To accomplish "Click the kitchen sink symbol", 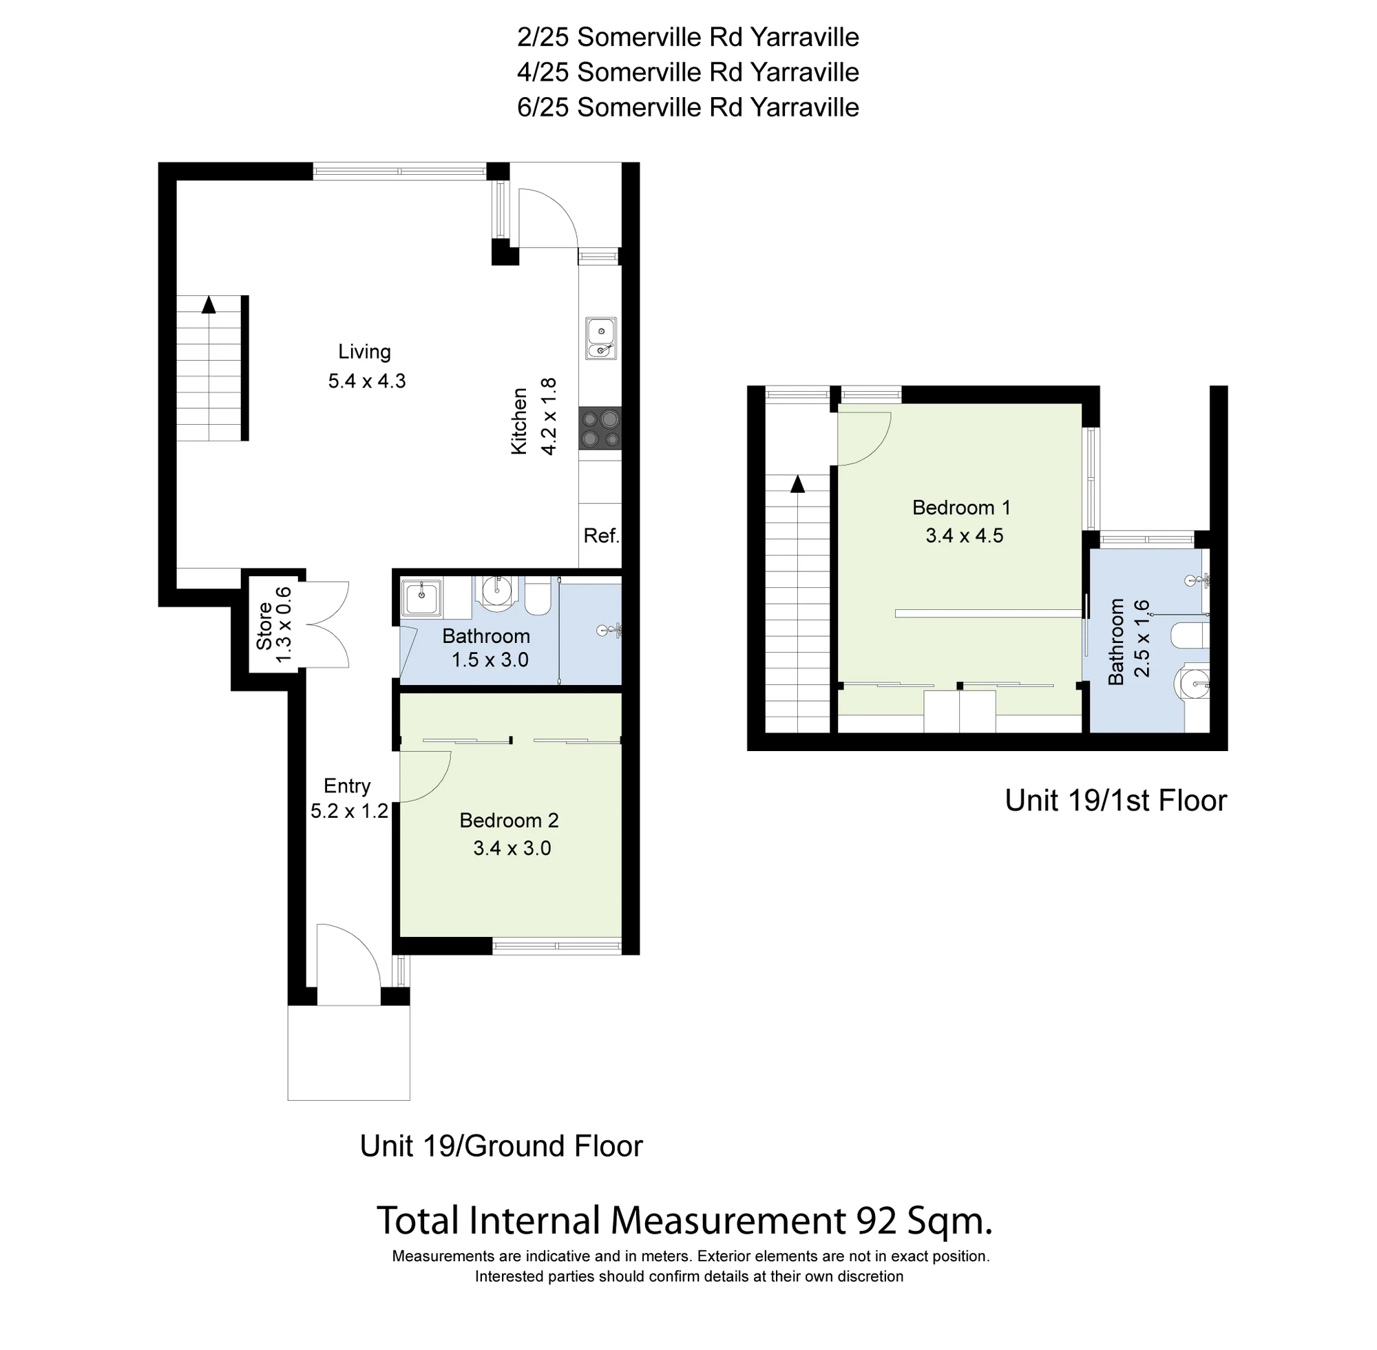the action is [x=600, y=339].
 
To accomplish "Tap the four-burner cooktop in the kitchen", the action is [x=600, y=428].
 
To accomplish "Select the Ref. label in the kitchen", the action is [x=601, y=536].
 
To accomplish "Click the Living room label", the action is [x=364, y=352].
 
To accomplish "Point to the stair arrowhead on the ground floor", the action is [x=209, y=304].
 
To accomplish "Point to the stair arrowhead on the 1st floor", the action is [x=798, y=483].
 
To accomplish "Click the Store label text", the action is [x=264, y=625].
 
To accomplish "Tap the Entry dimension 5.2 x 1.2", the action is [x=350, y=811].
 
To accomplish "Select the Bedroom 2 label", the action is [x=509, y=821].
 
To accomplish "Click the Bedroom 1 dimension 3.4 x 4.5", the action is [x=965, y=536].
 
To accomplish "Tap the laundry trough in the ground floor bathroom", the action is [x=423, y=598].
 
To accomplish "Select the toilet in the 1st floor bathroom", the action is [x=1190, y=635].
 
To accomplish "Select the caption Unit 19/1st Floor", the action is [x=1116, y=801].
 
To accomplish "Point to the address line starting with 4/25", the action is [x=688, y=72].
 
